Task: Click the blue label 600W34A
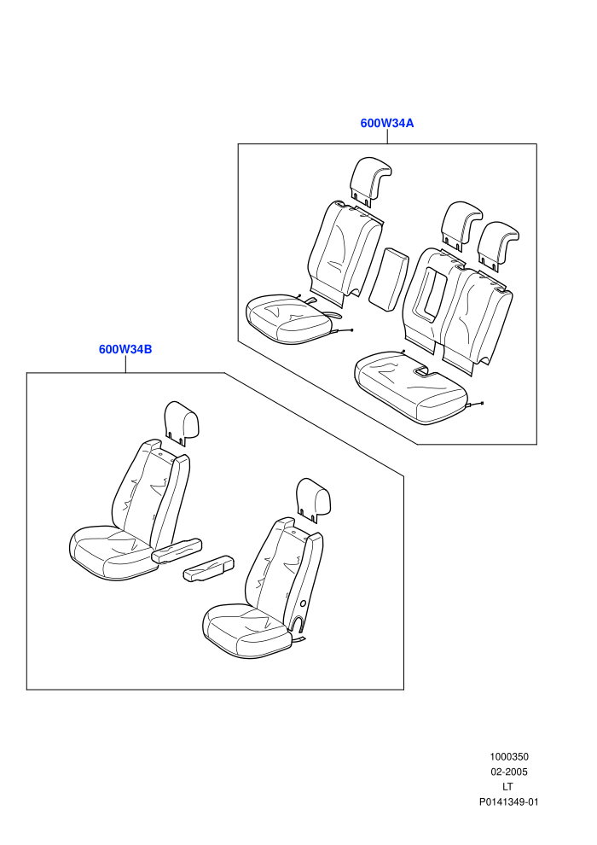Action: (x=387, y=123)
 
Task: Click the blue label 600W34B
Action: (x=125, y=349)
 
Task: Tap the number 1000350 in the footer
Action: (x=508, y=756)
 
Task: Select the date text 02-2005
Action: (x=508, y=772)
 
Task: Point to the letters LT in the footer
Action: (x=507, y=787)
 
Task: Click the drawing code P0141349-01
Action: (x=508, y=801)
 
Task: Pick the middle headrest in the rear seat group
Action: (x=461, y=226)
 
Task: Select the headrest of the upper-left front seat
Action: (x=182, y=423)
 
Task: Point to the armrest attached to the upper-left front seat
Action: (x=177, y=551)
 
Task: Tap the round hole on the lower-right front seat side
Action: (x=304, y=604)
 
